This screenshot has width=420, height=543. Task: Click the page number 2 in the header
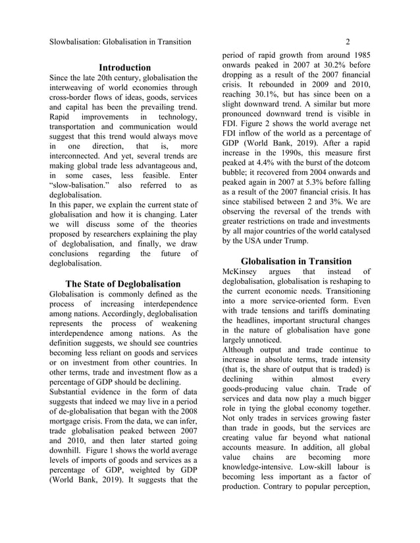(347, 42)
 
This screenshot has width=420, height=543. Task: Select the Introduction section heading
(124, 67)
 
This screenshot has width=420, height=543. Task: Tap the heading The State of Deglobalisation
(123, 283)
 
